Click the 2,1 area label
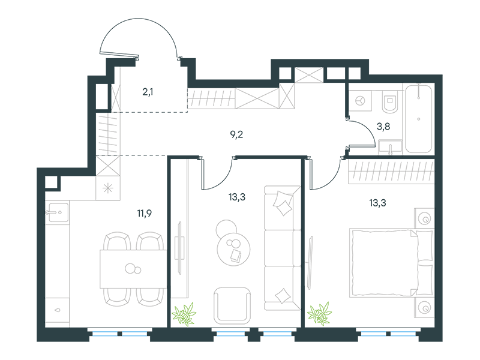[x=148, y=92]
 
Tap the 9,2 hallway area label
[x=236, y=134]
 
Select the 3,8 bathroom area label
[x=383, y=126]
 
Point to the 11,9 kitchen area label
[x=145, y=213]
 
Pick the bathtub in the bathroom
[x=419, y=118]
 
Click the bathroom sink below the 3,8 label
[x=391, y=146]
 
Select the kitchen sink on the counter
[x=57, y=212]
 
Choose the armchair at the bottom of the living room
[x=232, y=306]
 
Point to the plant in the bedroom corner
[x=320, y=314]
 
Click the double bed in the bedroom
[x=391, y=263]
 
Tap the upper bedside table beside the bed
[x=424, y=218]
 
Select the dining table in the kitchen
[x=133, y=269]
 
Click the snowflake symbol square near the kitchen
[x=108, y=188]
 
